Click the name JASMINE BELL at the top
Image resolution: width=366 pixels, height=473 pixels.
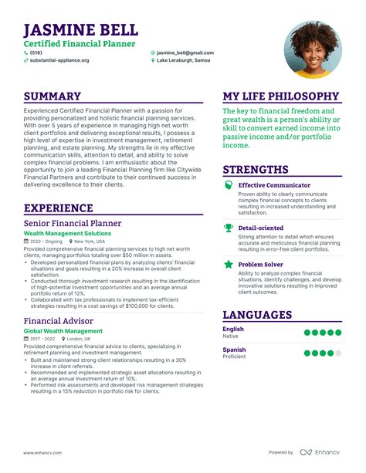point(81,30)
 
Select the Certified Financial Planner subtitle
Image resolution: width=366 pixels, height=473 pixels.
point(80,45)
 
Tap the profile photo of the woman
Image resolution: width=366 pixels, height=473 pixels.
point(313,49)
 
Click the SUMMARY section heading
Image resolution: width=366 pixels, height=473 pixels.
point(53,96)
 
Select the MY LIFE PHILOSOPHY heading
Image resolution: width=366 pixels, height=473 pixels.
point(281,96)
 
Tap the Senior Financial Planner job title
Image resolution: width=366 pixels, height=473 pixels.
point(73,223)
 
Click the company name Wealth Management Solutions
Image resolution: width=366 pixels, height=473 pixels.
point(68,233)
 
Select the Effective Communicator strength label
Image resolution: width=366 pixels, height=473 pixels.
point(275,185)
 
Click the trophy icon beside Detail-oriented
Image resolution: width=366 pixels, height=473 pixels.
point(229,228)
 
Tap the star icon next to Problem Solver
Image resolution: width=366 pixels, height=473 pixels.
point(229,264)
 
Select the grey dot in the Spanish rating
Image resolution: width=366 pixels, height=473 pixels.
point(337,353)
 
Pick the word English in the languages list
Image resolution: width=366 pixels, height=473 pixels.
point(233,329)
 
